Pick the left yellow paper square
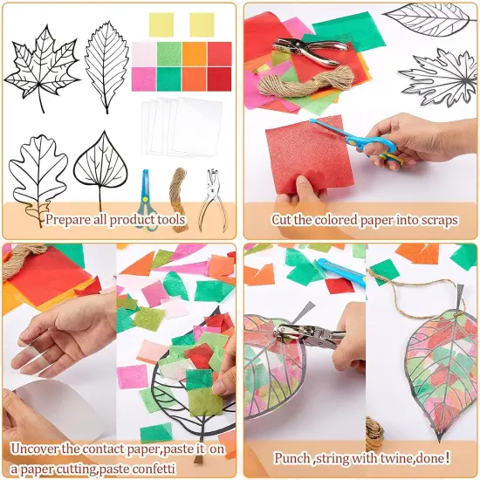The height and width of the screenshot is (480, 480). [161, 24]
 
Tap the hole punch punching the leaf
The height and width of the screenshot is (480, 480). [305, 336]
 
